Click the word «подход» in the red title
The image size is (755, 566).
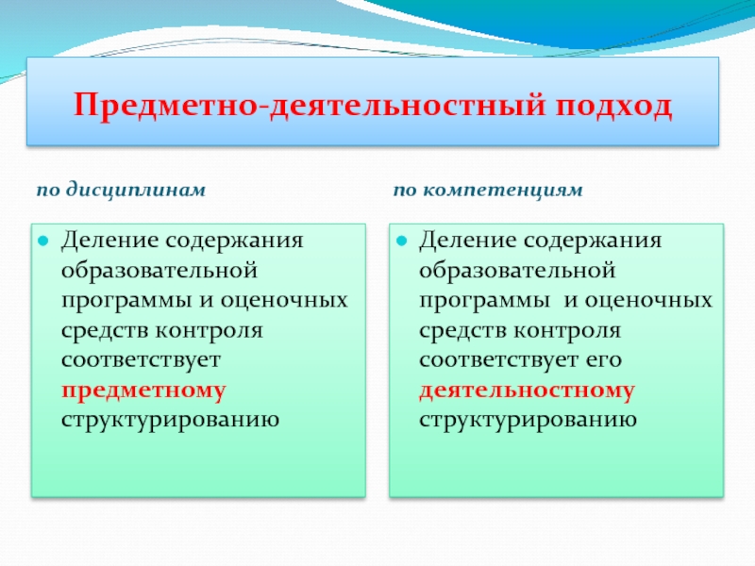pos(613,106)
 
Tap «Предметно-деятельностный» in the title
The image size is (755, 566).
pos(310,105)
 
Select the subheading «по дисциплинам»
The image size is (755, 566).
pos(122,191)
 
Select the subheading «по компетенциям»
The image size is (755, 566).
pos(488,191)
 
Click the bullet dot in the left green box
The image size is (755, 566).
pos(43,241)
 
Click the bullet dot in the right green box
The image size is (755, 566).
pos(402,241)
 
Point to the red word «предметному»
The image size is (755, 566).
pos(143,391)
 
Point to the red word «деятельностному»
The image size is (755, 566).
pos(527,391)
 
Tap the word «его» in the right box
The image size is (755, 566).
pos(604,360)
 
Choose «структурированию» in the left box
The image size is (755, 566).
pos(171,420)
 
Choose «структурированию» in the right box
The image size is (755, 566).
pos(528,420)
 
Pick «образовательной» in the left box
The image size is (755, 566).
pos(159,270)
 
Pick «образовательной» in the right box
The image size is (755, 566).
pos(517,270)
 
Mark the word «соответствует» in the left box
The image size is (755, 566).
pos(141,360)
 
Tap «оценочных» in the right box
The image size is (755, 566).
pos(648,301)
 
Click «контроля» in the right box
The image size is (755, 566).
pos(567,331)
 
